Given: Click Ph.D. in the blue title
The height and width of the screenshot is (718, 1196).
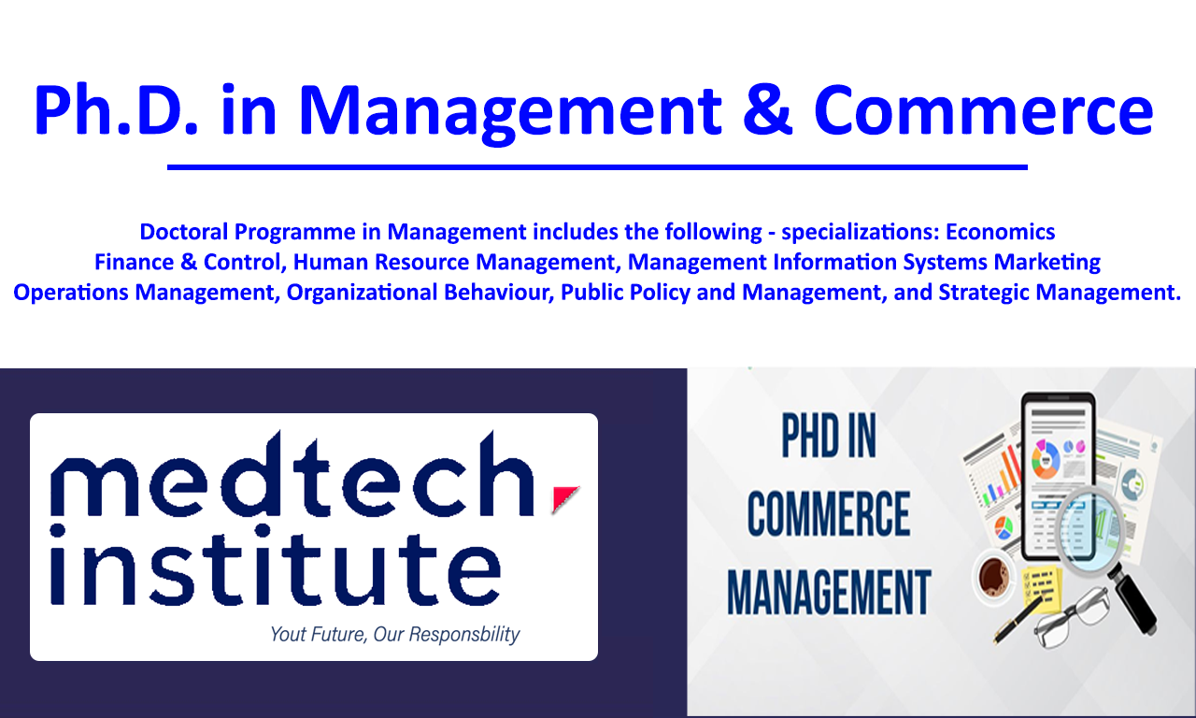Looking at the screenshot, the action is pyautogui.click(x=116, y=110).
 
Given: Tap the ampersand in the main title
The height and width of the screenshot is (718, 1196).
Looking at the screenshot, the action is pyautogui.click(x=767, y=110).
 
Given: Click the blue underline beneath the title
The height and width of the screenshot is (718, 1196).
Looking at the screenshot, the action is pyautogui.click(x=597, y=167).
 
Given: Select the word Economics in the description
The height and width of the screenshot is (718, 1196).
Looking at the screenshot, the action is pyautogui.click(x=1000, y=232).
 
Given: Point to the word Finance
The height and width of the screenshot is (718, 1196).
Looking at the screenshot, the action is pyautogui.click(x=134, y=263).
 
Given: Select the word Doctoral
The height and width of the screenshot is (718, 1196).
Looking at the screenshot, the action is pyautogui.click(x=184, y=232).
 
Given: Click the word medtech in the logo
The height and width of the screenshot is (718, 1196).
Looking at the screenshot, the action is pyautogui.click(x=292, y=474).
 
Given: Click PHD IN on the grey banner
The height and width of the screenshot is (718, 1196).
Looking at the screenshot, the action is pyautogui.click(x=829, y=436).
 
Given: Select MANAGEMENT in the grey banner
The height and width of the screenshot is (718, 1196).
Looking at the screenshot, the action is pyautogui.click(x=829, y=592).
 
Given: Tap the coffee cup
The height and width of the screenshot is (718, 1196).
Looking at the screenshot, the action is pyautogui.click(x=994, y=579).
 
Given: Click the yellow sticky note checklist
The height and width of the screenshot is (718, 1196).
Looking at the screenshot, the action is pyautogui.click(x=1040, y=588).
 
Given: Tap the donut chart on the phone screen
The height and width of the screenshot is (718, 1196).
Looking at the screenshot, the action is pyautogui.click(x=1045, y=459).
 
